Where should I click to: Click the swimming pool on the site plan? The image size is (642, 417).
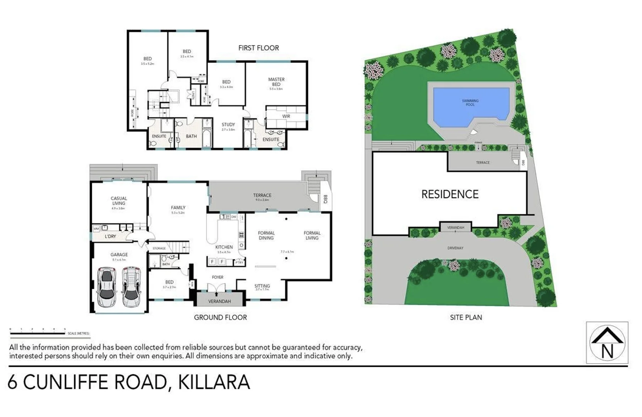point(471,107)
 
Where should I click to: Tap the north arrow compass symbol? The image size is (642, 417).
point(607,343)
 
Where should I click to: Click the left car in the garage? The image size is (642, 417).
point(107,287)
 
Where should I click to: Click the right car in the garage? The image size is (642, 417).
point(131,287)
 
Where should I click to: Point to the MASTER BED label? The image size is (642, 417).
point(276,82)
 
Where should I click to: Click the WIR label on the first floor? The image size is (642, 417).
point(286,116)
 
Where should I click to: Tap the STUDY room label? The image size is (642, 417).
point(228,125)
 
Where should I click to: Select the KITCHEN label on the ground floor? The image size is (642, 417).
point(224,247)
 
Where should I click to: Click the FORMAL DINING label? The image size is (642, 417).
point(266,236)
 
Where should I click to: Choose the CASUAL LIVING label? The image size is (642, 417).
point(119,201)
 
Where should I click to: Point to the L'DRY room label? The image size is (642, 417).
point(110,236)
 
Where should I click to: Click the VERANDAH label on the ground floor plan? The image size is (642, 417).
point(220,301)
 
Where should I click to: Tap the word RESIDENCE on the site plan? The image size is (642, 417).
point(450,194)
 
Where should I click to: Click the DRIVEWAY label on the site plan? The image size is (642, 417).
point(455,248)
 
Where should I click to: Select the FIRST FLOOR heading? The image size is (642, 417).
point(258,48)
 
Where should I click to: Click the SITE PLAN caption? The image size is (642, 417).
point(466,317)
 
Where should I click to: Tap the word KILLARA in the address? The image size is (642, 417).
point(214,382)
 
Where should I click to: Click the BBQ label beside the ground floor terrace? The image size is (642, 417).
point(325,199)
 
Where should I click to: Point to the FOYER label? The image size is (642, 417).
point(218,277)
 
